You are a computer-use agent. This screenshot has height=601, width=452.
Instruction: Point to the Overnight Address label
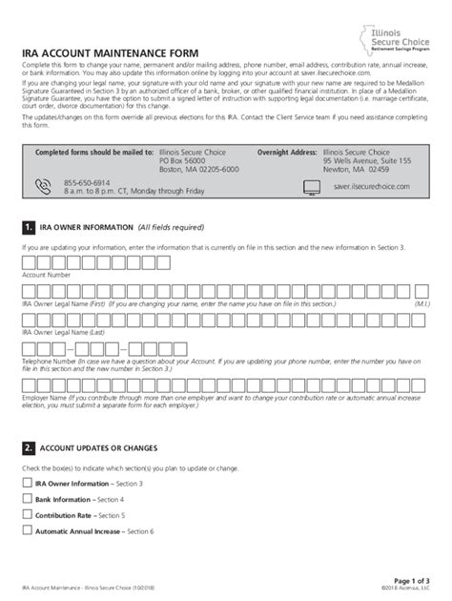point(288,152)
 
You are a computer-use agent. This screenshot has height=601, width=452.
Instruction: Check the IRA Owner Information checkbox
point(27,484)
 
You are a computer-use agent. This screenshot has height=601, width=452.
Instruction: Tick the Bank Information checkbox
point(27,499)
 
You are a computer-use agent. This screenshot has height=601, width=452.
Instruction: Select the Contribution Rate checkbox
point(27,514)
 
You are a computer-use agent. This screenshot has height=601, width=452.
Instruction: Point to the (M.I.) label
point(422,302)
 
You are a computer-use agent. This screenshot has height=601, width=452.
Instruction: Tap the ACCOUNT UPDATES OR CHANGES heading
point(98,447)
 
